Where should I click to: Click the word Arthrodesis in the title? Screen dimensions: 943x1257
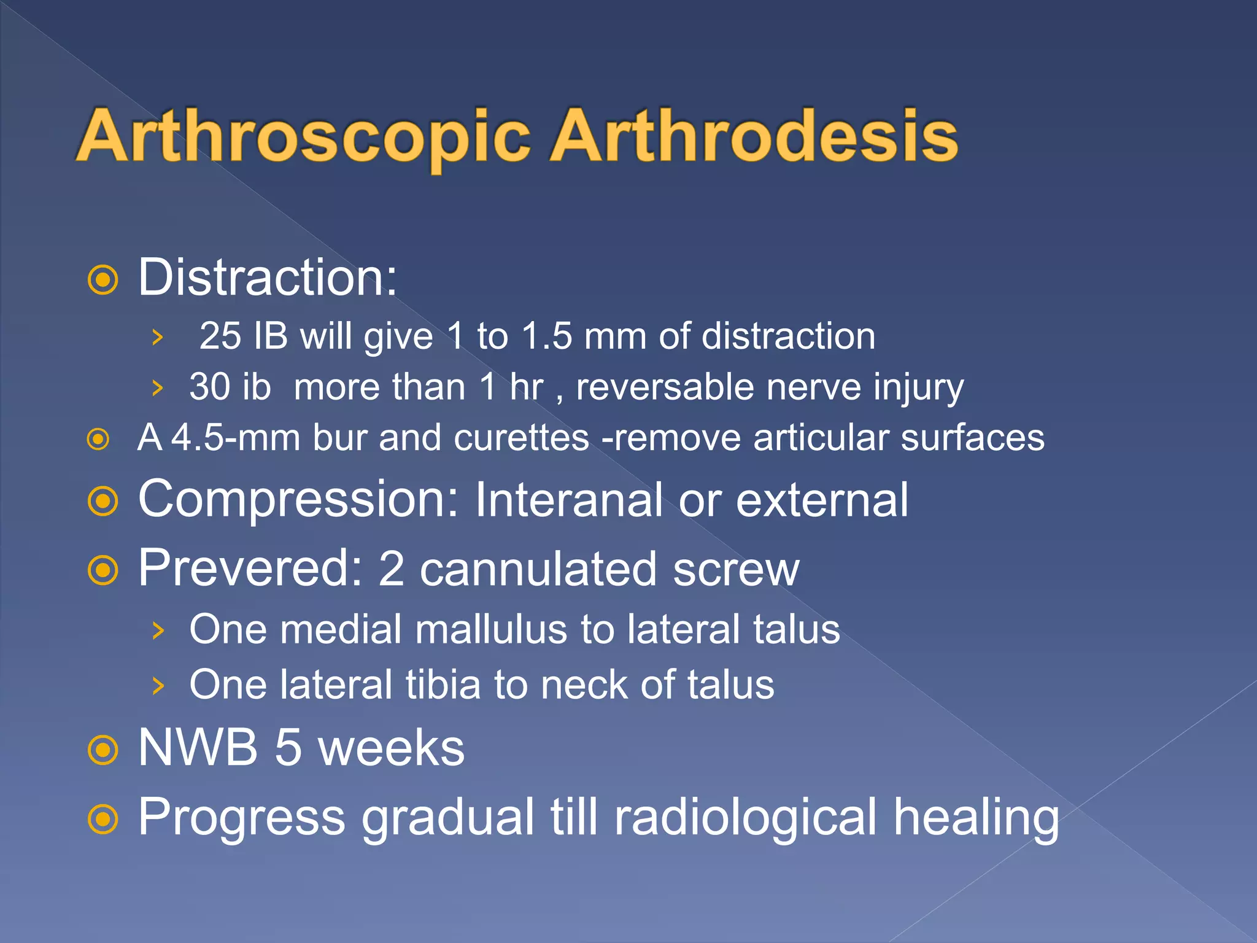754,136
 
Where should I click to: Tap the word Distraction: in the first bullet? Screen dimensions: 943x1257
268,277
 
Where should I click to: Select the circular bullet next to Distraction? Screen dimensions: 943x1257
102,281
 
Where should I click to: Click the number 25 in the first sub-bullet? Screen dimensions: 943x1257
220,336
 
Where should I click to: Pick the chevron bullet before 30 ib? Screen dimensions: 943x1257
158,388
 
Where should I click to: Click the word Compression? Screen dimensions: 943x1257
298,500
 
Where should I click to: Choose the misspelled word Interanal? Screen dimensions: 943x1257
568,500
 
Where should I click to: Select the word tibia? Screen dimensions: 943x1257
443,685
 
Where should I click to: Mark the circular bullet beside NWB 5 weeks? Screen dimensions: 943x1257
102,750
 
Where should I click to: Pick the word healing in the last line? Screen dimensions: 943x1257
976,817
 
